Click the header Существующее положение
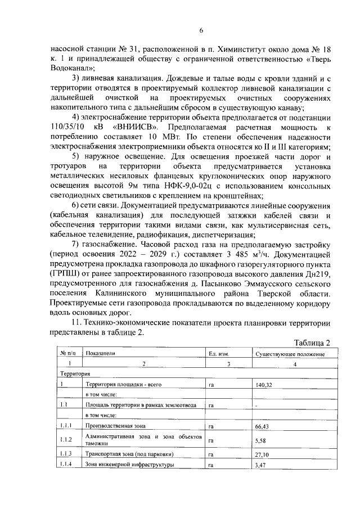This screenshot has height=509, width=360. click(x=290, y=354)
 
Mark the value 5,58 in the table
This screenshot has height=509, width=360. click(x=260, y=440)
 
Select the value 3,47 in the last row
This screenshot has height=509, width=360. click(x=260, y=466)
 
